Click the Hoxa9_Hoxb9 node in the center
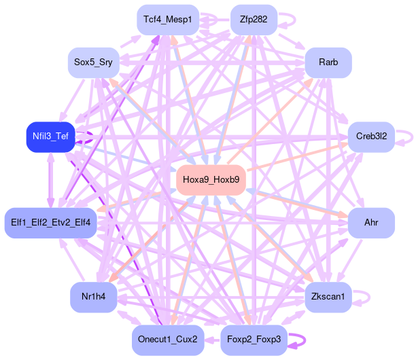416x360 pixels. click(211, 179)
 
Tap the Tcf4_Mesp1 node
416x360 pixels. click(167, 20)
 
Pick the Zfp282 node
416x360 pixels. click(254, 20)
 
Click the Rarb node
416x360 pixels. click(328, 62)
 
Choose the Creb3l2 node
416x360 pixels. click(371, 137)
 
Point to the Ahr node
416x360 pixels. click(371, 222)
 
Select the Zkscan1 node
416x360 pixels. click(328, 297)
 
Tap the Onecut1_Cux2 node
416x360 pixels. click(167, 340)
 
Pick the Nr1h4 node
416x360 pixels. click(93, 297)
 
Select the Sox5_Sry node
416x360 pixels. click(93, 62)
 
